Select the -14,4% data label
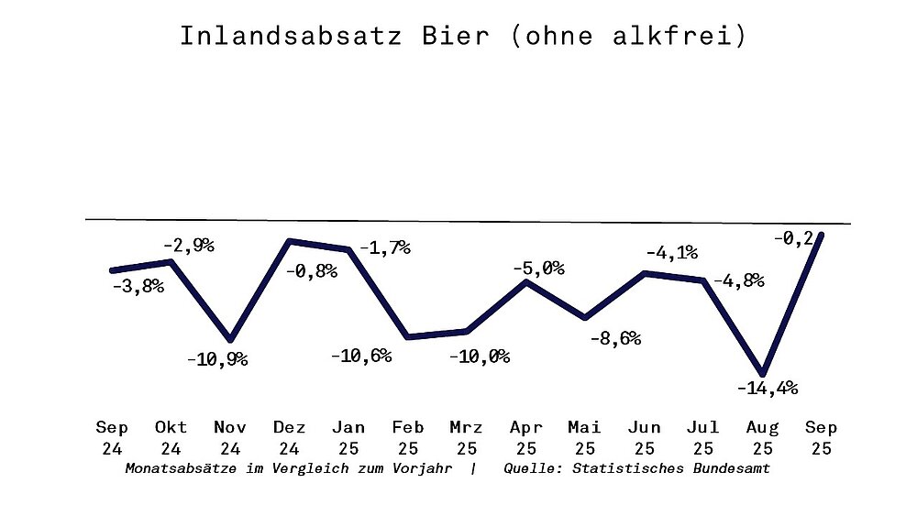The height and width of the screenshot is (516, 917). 767,388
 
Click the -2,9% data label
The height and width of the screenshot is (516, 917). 188,246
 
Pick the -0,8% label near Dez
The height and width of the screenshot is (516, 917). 311,271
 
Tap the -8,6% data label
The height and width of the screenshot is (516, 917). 613,338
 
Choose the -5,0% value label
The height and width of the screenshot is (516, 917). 538,269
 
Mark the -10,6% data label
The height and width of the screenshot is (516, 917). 361,356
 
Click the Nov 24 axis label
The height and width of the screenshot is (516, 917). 230,438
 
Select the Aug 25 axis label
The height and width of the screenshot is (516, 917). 762,438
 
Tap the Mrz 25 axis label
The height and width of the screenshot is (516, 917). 467,438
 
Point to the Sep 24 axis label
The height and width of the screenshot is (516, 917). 112,438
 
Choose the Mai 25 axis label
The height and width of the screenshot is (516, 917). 584,438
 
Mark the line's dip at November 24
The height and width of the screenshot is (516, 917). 230,340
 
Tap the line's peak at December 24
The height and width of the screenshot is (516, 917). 290,241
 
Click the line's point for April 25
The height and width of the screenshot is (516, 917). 525,281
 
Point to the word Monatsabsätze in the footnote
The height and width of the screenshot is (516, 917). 174,469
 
